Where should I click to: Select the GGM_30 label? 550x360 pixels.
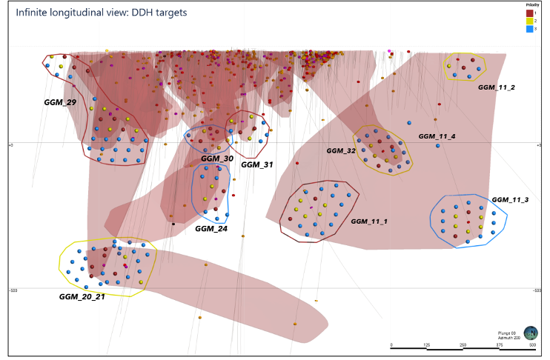[217, 159]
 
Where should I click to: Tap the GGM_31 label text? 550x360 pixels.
[258, 164]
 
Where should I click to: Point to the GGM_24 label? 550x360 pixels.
[211, 228]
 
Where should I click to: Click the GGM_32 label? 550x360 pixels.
[341, 150]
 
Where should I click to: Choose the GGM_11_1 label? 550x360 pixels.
[369, 221]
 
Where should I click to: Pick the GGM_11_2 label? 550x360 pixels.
[497, 87]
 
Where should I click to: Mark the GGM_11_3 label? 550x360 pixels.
[510, 200]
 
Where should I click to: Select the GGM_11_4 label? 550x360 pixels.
[437, 136]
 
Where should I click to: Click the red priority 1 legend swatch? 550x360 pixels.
[529, 13]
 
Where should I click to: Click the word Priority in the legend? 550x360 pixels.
[531, 4]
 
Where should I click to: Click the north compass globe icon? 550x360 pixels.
[531, 333]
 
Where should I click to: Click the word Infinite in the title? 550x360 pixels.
[31, 13]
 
